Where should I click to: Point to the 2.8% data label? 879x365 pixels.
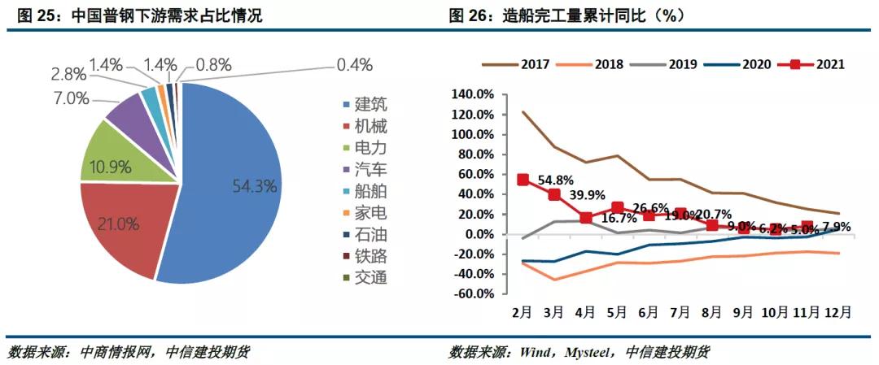point(68,75)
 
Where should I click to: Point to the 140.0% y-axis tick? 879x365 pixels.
point(471,95)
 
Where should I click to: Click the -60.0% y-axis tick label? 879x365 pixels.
point(471,294)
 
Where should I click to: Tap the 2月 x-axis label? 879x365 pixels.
point(523,312)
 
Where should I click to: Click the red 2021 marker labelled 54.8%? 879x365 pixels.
point(523,180)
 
